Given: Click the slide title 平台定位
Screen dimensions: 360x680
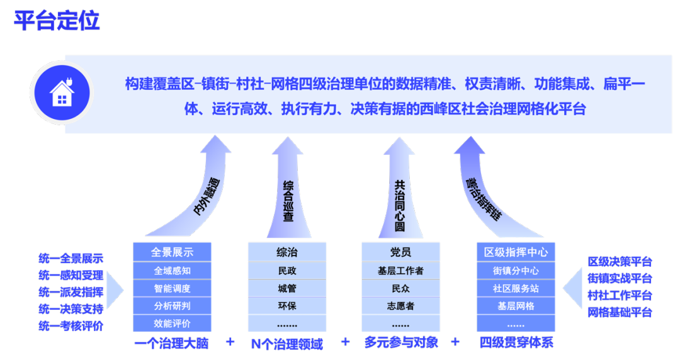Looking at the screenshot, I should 57,21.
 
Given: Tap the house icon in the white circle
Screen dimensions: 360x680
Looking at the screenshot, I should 62,93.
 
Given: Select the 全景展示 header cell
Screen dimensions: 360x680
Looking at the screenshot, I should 172,252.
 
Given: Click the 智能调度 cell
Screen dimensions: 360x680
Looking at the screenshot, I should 172,289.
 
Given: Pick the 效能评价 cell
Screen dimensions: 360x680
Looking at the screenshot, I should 172,323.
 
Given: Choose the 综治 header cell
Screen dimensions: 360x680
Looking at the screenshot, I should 286,252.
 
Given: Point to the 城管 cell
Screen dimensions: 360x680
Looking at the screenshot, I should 286,289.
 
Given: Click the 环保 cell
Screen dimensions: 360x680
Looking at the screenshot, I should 286,306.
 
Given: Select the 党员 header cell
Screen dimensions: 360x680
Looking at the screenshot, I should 400,252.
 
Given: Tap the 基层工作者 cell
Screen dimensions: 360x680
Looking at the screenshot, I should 400,271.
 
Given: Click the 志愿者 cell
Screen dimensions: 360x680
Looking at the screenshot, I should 400,306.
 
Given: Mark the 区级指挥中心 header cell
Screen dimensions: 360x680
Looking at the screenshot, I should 516,252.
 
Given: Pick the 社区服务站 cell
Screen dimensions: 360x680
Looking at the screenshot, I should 516,289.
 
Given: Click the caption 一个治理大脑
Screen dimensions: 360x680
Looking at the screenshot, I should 171,344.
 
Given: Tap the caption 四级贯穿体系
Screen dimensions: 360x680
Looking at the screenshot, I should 516,344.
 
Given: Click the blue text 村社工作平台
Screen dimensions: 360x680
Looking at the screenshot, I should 620,295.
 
